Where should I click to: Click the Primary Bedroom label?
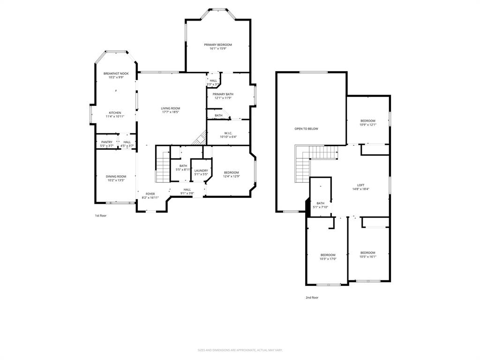218,45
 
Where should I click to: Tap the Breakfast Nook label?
116,74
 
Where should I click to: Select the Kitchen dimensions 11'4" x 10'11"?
115,117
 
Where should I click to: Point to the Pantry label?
107,142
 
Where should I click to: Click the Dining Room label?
116,176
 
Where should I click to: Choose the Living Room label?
171,108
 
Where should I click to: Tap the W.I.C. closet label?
229,133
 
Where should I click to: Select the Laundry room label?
201,171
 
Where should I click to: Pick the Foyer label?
150,194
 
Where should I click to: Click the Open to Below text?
306,128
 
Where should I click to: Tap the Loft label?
361,185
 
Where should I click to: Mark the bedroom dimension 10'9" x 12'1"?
368,125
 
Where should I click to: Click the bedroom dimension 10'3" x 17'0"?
328,259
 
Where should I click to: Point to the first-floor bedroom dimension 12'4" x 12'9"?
232,176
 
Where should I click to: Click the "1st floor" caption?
101,216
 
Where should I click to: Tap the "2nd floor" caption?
312,297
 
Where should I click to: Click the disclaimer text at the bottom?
240,350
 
